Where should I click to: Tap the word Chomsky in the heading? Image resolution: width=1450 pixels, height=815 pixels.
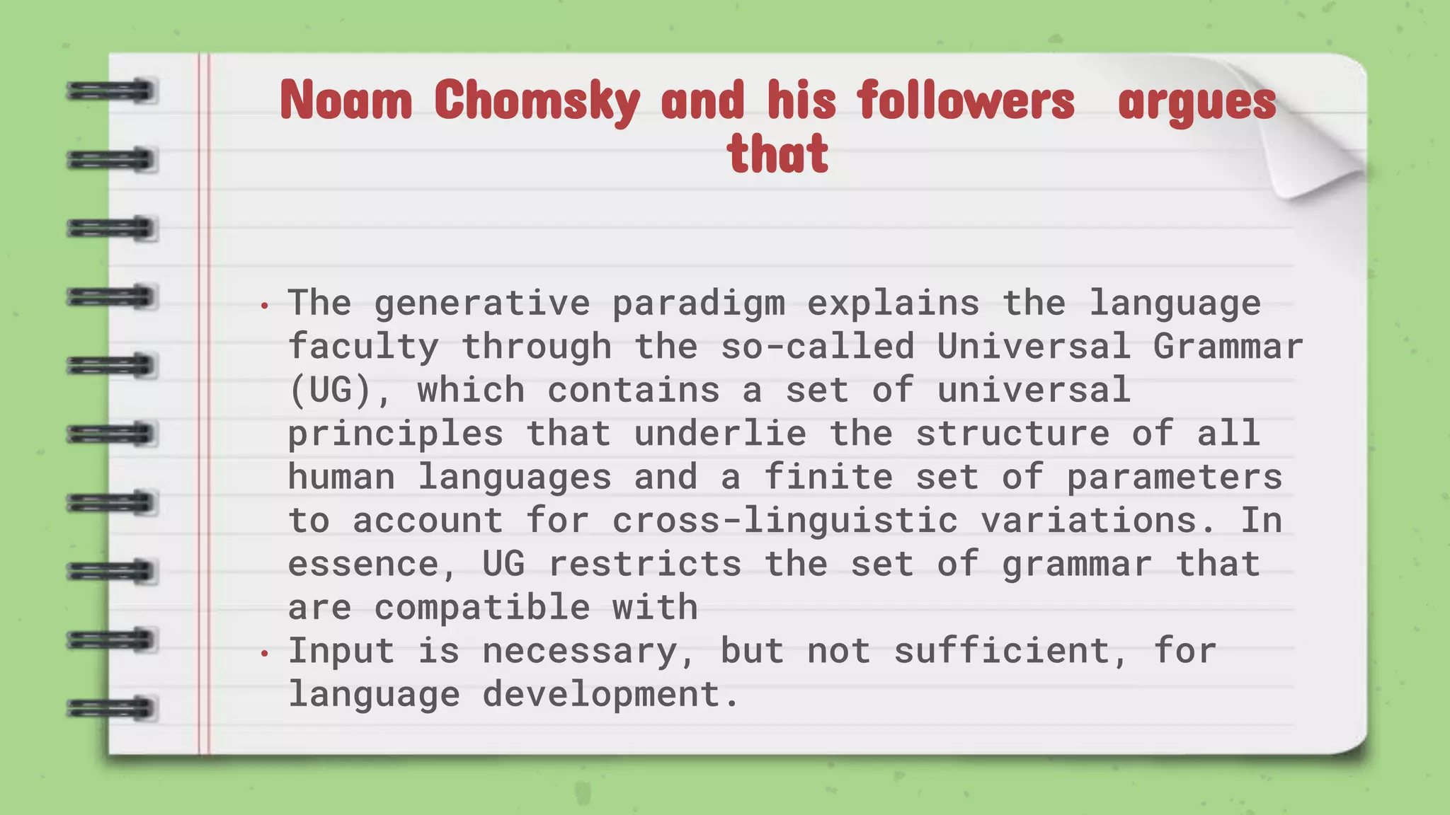537,101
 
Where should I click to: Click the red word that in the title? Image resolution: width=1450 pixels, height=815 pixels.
777,154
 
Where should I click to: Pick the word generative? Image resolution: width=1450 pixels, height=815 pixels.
481,303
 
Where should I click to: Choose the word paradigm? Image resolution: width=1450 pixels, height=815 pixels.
698,304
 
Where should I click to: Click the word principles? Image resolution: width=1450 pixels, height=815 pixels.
395,434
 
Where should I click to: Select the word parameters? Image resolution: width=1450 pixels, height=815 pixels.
1174,477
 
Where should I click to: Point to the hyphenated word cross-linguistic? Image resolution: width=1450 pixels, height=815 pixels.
784,521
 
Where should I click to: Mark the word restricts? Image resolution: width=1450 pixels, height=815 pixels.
644,564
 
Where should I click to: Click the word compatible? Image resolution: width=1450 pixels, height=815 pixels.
481,608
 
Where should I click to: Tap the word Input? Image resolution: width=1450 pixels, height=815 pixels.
341,652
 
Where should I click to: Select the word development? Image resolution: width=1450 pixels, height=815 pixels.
601,694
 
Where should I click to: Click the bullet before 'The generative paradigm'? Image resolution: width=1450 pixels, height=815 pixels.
265,306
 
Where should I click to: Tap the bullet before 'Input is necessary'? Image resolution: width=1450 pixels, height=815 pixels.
265,654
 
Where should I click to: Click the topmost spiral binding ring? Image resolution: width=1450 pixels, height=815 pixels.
111,91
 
